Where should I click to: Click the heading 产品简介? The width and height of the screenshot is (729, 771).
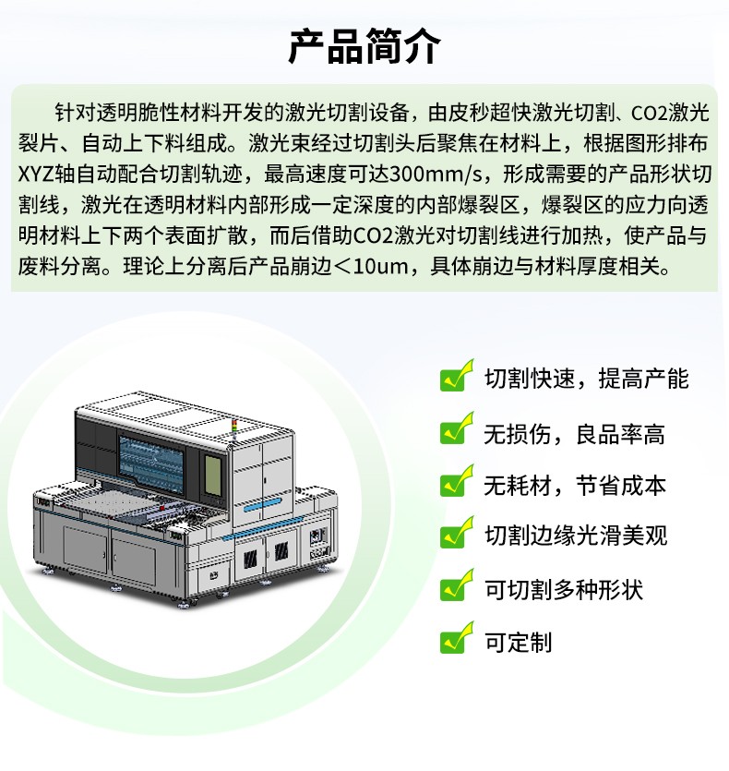click(364, 46)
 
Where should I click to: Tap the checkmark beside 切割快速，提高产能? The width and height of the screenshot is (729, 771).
click(457, 376)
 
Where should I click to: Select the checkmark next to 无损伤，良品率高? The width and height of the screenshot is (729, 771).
click(457, 428)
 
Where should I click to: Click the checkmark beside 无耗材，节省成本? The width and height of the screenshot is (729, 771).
click(457, 481)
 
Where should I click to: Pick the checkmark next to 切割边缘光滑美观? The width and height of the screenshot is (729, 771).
click(457, 533)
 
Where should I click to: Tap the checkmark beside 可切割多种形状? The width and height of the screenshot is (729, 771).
click(457, 585)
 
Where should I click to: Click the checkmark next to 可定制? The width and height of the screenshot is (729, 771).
click(457, 638)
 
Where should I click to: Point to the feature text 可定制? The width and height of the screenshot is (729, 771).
click(518, 642)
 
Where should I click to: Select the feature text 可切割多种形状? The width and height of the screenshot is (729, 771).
click(563, 589)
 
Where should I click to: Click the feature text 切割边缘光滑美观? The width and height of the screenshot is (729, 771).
click(576, 536)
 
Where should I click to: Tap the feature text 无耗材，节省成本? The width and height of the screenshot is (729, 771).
click(575, 486)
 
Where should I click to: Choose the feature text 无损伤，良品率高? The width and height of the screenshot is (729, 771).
click(574, 434)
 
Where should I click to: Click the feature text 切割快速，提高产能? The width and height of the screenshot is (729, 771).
click(587, 379)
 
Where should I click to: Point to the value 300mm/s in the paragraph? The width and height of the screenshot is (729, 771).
click(431, 174)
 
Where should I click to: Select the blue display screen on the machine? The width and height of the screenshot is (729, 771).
click(151, 464)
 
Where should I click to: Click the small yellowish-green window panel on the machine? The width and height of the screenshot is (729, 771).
click(212, 476)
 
